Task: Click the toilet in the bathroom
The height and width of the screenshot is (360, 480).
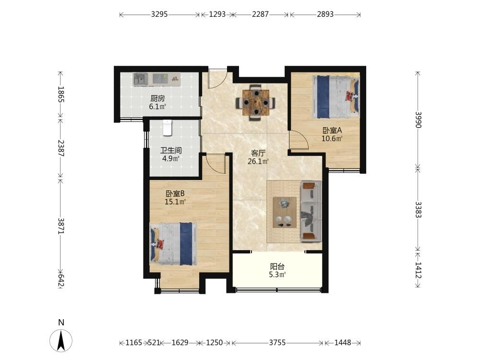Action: tap(168, 128)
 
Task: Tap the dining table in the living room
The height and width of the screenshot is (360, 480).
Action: tap(256, 103)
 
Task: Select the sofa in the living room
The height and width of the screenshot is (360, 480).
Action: tap(311, 211)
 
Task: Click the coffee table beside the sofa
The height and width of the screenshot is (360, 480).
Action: tap(284, 212)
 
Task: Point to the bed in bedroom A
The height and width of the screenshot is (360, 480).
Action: tap(336, 97)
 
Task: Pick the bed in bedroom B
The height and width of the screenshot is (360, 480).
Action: tap(173, 244)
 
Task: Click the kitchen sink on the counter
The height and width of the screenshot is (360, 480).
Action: tap(141, 79)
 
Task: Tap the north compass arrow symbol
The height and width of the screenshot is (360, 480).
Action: tap(61, 340)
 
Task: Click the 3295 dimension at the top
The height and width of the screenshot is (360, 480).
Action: tap(159, 14)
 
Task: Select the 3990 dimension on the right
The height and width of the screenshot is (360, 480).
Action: tap(418, 120)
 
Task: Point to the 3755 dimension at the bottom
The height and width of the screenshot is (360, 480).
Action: tap(277, 343)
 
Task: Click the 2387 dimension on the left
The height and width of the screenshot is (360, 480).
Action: tap(60, 148)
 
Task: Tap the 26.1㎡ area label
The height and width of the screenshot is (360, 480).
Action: tap(258, 161)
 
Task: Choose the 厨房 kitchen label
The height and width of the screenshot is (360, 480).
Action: tap(157, 98)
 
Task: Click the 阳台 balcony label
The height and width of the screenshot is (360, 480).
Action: tap(277, 266)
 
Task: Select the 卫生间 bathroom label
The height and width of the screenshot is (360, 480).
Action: tap(171, 150)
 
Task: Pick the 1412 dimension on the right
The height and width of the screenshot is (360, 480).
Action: tap(418, 270)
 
